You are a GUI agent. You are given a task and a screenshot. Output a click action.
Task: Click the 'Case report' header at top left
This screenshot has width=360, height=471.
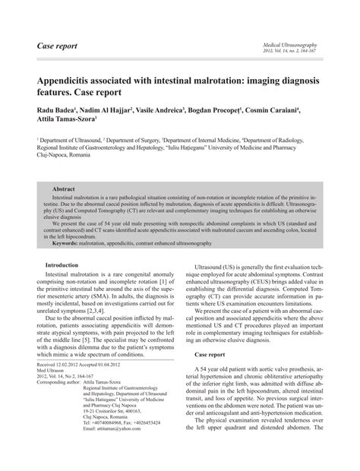57,46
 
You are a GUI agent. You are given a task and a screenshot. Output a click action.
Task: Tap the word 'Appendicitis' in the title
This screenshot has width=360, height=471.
73,80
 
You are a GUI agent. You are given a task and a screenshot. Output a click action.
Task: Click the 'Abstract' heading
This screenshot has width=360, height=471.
63,187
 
